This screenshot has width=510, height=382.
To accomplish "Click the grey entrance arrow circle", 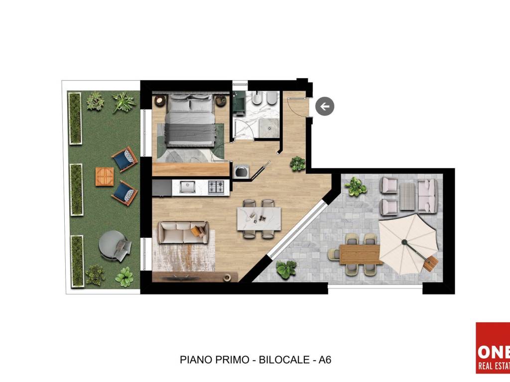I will pyautogui.click(x=325, y=106).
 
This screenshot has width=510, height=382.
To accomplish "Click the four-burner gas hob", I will pyautogui.click(x=217, y=187).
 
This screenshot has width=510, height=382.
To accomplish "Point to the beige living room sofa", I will pyautogui.click(x=183, y=232).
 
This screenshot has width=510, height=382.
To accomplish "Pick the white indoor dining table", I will pyautogui.click(x=259, y=219).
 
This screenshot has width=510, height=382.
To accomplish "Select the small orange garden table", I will pyautogui.click(x=105, y=176).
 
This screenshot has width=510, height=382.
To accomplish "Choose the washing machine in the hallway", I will pyautogui.click(x=242, y=171).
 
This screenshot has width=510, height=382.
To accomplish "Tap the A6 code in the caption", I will pyautogui.click(x=325, y=360).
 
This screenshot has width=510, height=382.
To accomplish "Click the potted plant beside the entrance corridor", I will pyautogui.click(x=298, y=163).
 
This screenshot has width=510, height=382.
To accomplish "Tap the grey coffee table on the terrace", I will pyautogui.click(x=408, y=193).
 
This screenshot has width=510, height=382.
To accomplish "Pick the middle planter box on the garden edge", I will pyautogui.click(x=76, y=190).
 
